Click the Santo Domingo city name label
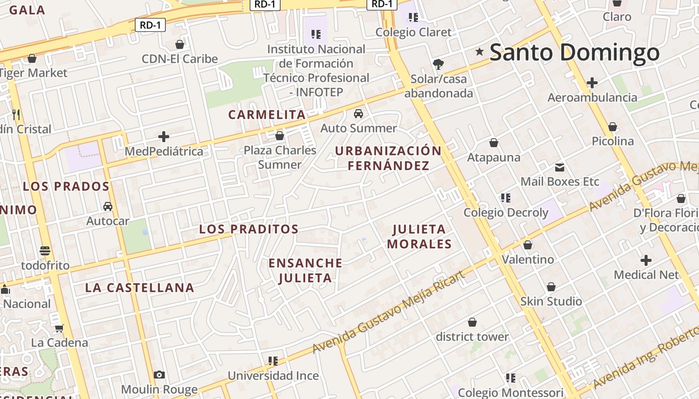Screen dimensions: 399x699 tap(574, 52)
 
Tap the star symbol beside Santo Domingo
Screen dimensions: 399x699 tap(480, 51)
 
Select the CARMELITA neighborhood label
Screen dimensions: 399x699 tap(267, 115)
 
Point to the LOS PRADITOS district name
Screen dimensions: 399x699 tap(249, 229)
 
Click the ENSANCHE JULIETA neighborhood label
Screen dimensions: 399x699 tap(306, 270)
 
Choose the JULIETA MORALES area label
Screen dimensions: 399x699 tap(419, 236)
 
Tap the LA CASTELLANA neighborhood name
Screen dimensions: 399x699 tap(139, 288)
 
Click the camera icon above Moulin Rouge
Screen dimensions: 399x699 tap(159, 375)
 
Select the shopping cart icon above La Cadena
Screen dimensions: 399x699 tap(59, 328)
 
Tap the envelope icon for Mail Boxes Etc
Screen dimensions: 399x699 tap(559, 167)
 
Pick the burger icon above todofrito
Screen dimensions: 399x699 tap(45, 250)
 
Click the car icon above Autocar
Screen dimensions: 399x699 tap(107, 206)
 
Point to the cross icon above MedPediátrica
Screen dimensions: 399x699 tap(164, 137)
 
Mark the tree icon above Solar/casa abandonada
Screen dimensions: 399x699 tap(438, 64)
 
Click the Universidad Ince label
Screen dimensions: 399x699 tap(273, 376)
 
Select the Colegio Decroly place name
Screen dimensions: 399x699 tap(506, 212)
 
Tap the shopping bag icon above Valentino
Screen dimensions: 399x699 tap(528, 245)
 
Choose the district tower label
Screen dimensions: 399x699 tap(472, 337)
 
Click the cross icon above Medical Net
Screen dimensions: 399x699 tap(646, 260)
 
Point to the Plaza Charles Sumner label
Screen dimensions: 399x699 tap(280, 157)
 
